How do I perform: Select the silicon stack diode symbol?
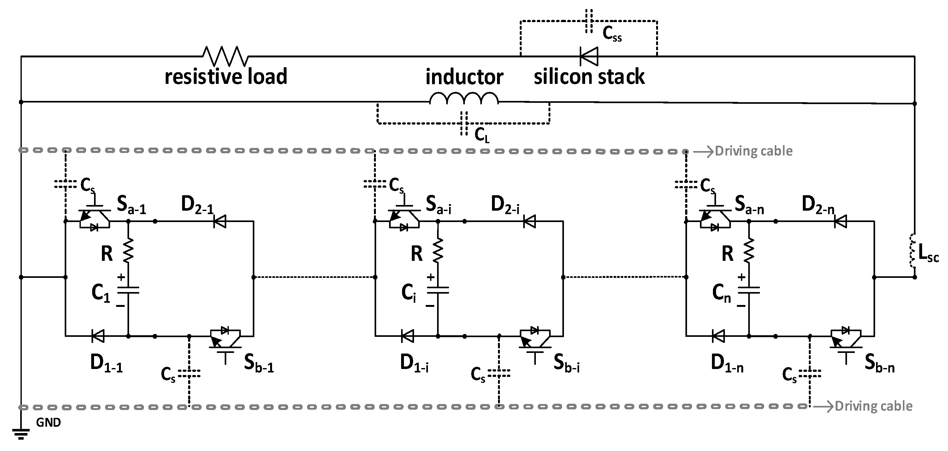click(x=589, y=56)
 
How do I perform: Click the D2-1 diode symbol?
click(x=220, y=221)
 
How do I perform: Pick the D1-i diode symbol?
click(x=407, y=336)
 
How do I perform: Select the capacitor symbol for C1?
click(x=128, y=290)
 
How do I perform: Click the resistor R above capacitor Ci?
click(x=438, y=250)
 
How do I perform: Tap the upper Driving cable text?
click(x=753, y=151)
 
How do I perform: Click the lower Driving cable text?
click(x=873, y=406)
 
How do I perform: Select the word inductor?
click(x=464, y=77)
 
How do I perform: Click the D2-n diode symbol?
click(x=840, y=221)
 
